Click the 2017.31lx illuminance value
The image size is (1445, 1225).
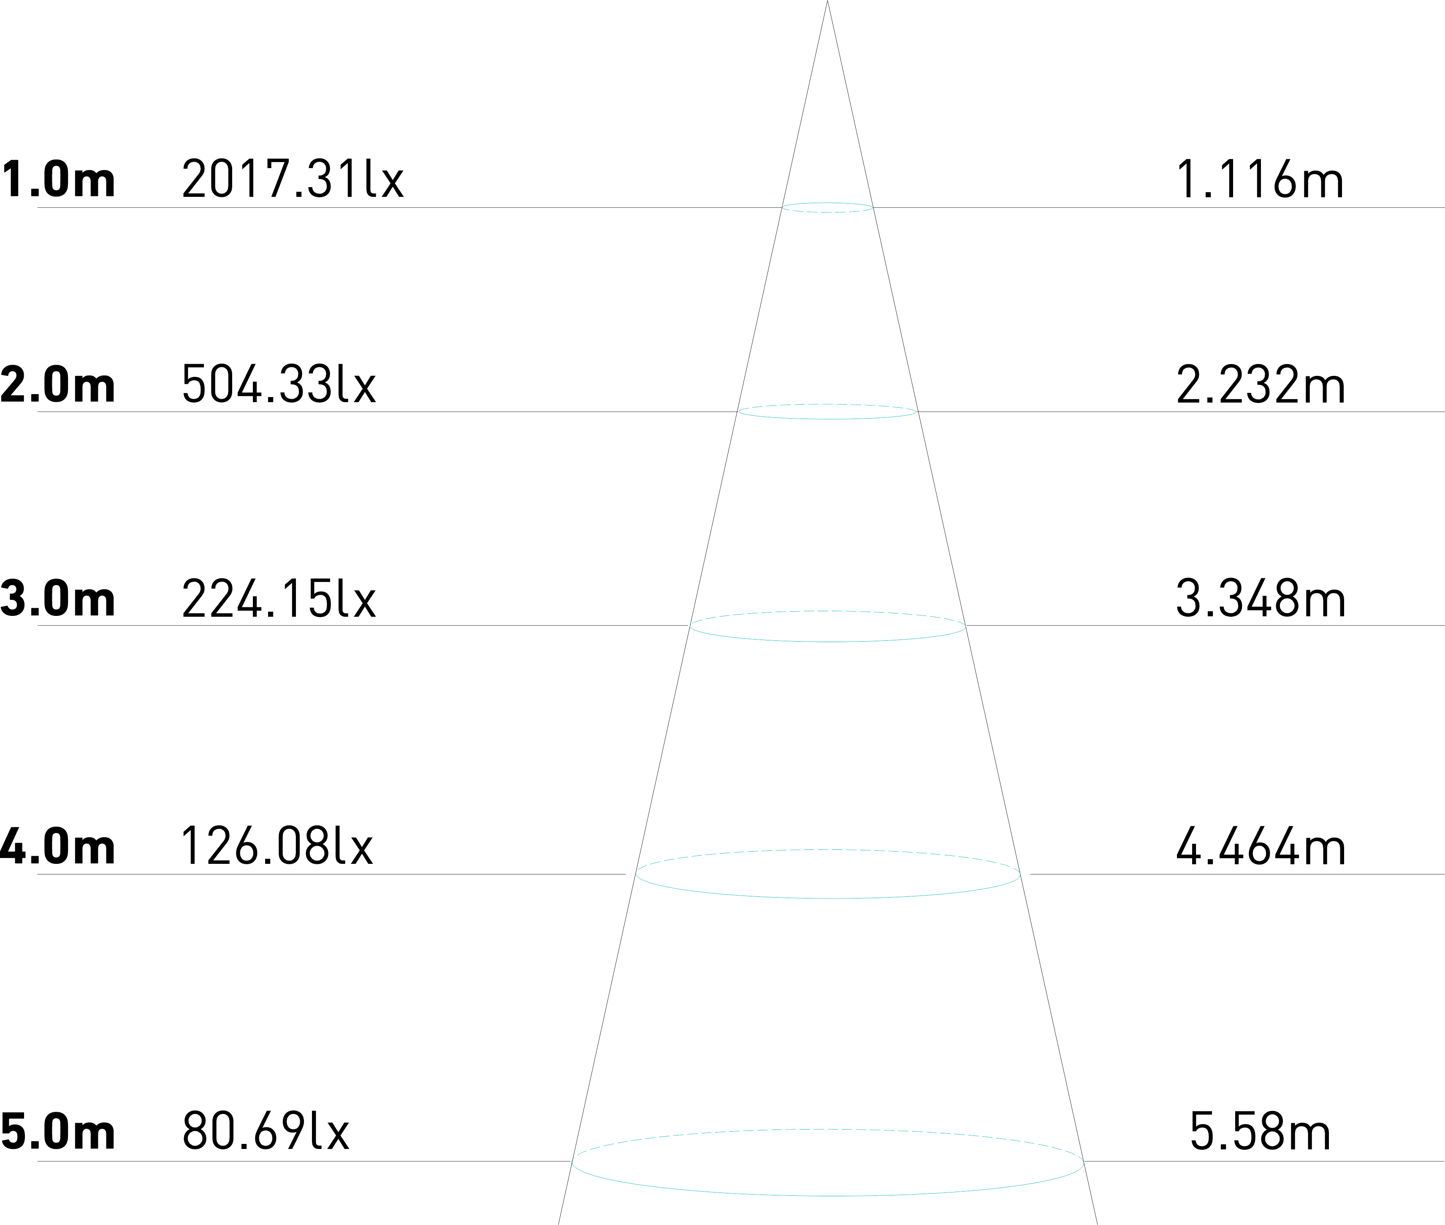click(292, 179)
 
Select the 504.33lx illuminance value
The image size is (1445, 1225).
click(279, 384)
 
